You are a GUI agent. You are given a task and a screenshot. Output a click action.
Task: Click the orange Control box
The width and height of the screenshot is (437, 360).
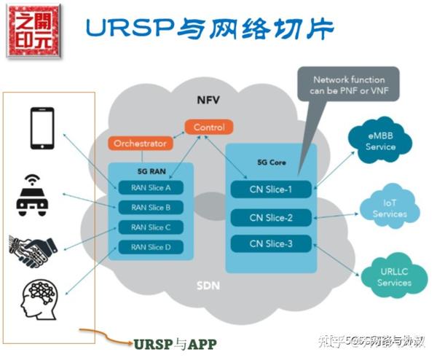pos(209,128)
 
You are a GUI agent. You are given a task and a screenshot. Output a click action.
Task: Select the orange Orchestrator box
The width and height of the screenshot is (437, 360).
pos(140,144)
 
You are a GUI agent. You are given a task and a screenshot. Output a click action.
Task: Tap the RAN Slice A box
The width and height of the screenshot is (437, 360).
pos(151,188)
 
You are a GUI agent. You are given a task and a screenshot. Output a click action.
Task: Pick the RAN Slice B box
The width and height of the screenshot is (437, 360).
pos(151,208)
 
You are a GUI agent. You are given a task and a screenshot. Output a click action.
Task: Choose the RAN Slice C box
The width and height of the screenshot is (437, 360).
pos(151,227)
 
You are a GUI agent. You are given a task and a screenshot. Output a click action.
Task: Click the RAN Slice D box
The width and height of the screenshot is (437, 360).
pos(151,247)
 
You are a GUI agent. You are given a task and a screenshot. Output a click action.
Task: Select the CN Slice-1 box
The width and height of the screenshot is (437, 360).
pos(271,189)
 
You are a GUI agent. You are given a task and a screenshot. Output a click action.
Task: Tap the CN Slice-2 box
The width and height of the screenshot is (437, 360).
pos(271,217)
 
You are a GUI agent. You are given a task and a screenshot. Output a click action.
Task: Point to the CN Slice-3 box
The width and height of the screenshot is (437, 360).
pos(271,243)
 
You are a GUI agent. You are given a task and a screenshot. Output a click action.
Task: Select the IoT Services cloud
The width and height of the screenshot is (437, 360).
pos(389,208)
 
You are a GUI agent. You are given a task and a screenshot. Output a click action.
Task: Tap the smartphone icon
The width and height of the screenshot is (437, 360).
pos(42,128)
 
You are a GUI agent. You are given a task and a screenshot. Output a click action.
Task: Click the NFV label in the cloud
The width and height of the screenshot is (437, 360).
pos(208,99)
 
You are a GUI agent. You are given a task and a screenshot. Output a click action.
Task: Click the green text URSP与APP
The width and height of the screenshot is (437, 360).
pos(175,343)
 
